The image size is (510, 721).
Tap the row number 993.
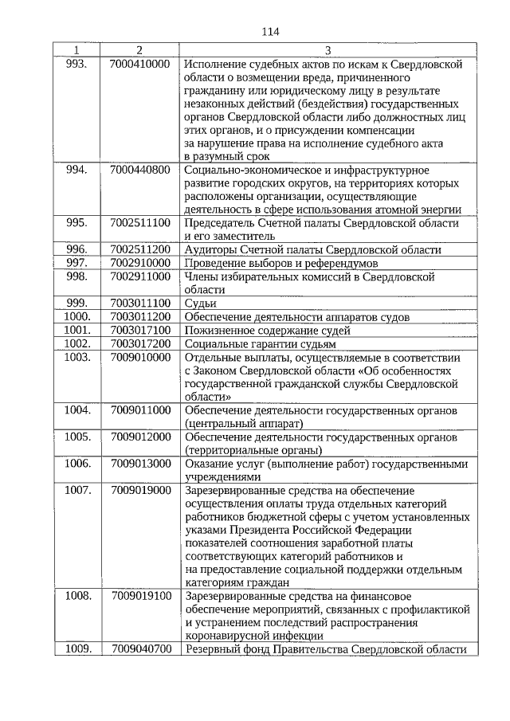pos(76,62)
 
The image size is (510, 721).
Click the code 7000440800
pos(140,170)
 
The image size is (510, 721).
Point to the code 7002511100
pos(140,222)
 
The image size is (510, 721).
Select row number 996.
pos(76,249)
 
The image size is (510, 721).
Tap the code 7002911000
pos(140,276)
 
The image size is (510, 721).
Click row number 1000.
pos(76,316)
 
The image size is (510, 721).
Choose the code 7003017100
pos(140,330)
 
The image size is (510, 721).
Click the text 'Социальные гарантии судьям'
pos(260,343)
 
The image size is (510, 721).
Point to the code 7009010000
pos(140,357)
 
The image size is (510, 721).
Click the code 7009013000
pos(140,464)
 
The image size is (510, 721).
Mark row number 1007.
pos(76,490)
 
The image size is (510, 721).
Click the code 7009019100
pos(140,596)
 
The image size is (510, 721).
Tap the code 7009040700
pos(140,649)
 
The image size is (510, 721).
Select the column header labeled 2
pos(139,49)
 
